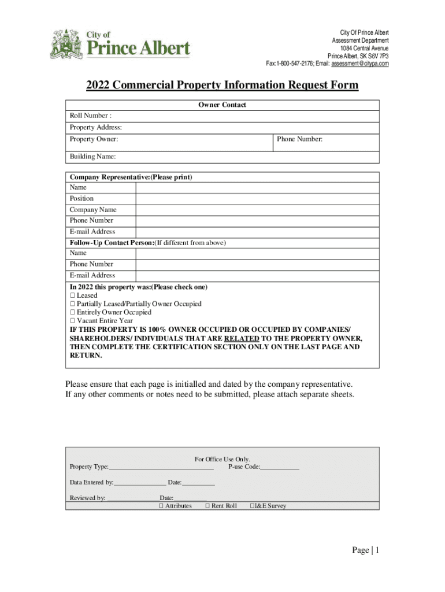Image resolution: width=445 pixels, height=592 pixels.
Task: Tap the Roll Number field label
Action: click(x=87, y=116)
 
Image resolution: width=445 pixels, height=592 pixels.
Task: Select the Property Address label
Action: click(x=96, y=127)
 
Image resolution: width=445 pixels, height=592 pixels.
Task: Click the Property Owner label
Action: click(x=94, y=139)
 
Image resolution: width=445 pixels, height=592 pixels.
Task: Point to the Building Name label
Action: click(x=93, y=156)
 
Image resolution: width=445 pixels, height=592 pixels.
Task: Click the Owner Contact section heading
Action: click(x=222, y=105)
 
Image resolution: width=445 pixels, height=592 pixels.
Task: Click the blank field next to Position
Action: click(x=257, y=198)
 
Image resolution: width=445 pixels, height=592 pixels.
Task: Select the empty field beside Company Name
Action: click(x=257, y=209)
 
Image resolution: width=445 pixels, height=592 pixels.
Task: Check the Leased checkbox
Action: click(x=73, y=295)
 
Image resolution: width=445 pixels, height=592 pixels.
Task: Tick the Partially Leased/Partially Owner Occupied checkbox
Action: click(x=73, y=304)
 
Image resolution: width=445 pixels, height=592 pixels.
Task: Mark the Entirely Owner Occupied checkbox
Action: click(x=73, y=312)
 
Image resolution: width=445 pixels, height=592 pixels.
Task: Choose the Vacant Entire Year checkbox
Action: click(x=73, y=320)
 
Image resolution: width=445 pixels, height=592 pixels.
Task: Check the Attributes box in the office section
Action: click(x=161, y=506)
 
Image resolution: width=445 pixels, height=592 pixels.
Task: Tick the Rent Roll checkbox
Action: click(x=207, y=506)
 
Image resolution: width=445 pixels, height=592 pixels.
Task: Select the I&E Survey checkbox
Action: click(x=252, y=506)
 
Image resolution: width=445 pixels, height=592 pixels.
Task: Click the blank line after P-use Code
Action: click(x=280, y=467)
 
